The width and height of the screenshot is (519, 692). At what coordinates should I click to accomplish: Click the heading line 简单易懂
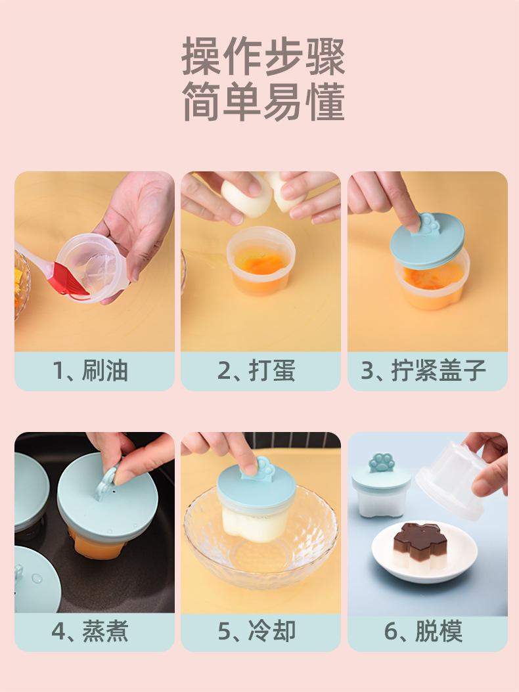point(263,102)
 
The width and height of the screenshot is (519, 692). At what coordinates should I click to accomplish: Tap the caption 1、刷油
point(90,370)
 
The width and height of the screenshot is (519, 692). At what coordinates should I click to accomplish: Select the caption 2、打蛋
point(256,370)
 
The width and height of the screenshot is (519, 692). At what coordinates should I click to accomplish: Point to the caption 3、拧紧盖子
point(423,370)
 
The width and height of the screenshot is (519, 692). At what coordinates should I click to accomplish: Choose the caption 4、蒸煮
point(90,631)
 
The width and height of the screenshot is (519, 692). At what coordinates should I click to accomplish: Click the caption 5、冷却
point(256,631)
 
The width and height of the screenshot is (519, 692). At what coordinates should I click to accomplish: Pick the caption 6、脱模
point(423,631)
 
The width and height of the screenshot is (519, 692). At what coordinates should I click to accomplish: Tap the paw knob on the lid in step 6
point(381,463)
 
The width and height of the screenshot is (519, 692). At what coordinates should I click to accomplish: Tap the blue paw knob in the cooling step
point(264,469)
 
